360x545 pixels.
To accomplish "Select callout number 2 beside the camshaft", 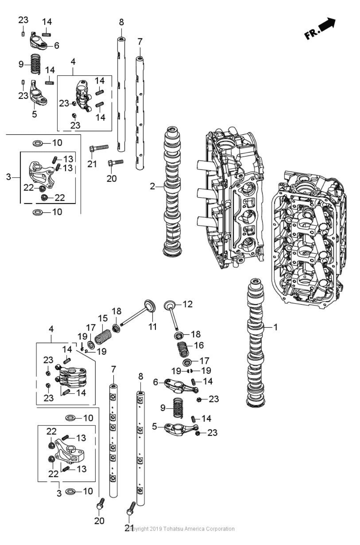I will point(152,186).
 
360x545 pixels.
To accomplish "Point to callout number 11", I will point(152,326).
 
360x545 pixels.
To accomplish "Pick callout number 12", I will point(187,304).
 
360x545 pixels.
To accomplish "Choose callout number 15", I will point(103,318).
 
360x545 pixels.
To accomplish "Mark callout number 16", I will point(199,345).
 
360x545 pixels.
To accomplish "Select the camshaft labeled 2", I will point(172,191).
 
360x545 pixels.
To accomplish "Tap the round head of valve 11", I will point(150,305).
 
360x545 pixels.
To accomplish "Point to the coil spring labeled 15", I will point(103,337).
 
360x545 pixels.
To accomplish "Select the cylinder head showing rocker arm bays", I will point(308,238).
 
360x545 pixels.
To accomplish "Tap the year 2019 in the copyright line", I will point(156,529).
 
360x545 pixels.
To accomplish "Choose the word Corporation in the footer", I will point(220,529).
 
